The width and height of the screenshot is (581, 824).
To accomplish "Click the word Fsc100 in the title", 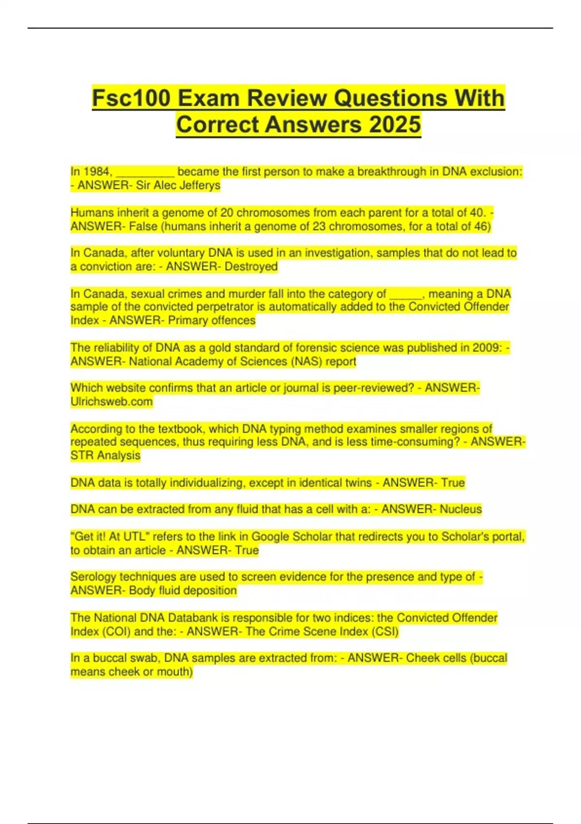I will click(x=131, y=98).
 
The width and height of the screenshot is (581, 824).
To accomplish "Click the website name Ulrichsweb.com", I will click(x=111, y=402).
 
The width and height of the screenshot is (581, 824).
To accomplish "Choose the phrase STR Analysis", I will click(x=105, y=456).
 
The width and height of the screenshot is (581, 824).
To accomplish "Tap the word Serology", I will click(x=93, y=577).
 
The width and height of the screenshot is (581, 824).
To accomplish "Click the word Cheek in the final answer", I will click(x=422, y=658).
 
